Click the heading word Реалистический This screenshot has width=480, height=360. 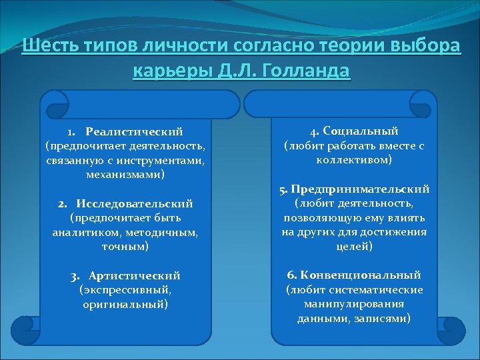point(139,131)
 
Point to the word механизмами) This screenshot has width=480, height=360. point(126,174)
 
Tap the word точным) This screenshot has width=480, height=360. point(126,246)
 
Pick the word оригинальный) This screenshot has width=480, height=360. point(125,304)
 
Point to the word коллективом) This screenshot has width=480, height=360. point(353,160)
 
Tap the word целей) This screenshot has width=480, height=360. point(353,246)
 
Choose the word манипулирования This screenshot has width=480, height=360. point(354,304)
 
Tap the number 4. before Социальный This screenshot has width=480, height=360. point(315,131)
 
